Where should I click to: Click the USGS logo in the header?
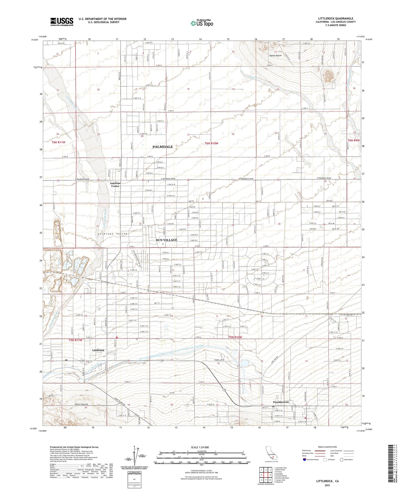[x=62, y=22]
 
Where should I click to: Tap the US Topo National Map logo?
[x=202, y=23]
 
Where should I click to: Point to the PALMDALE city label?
[x=162, y=147]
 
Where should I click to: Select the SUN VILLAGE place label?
[x=166, y=240]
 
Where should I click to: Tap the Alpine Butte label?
[x=275, y=56]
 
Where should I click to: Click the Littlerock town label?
[x=98, y=350]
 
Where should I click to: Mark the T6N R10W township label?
[x=211, y=143]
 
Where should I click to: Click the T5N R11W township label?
[x=76, y=340]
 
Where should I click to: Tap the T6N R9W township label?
[x=353, y=140]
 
